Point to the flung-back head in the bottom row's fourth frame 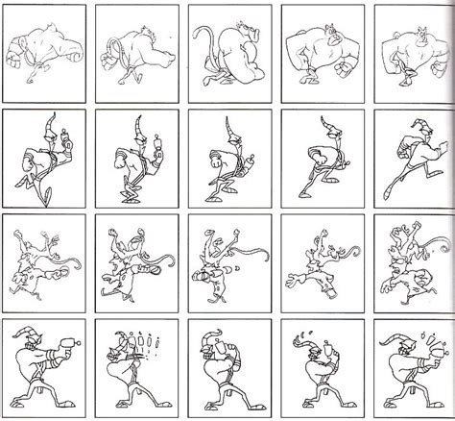pos(307,346)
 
